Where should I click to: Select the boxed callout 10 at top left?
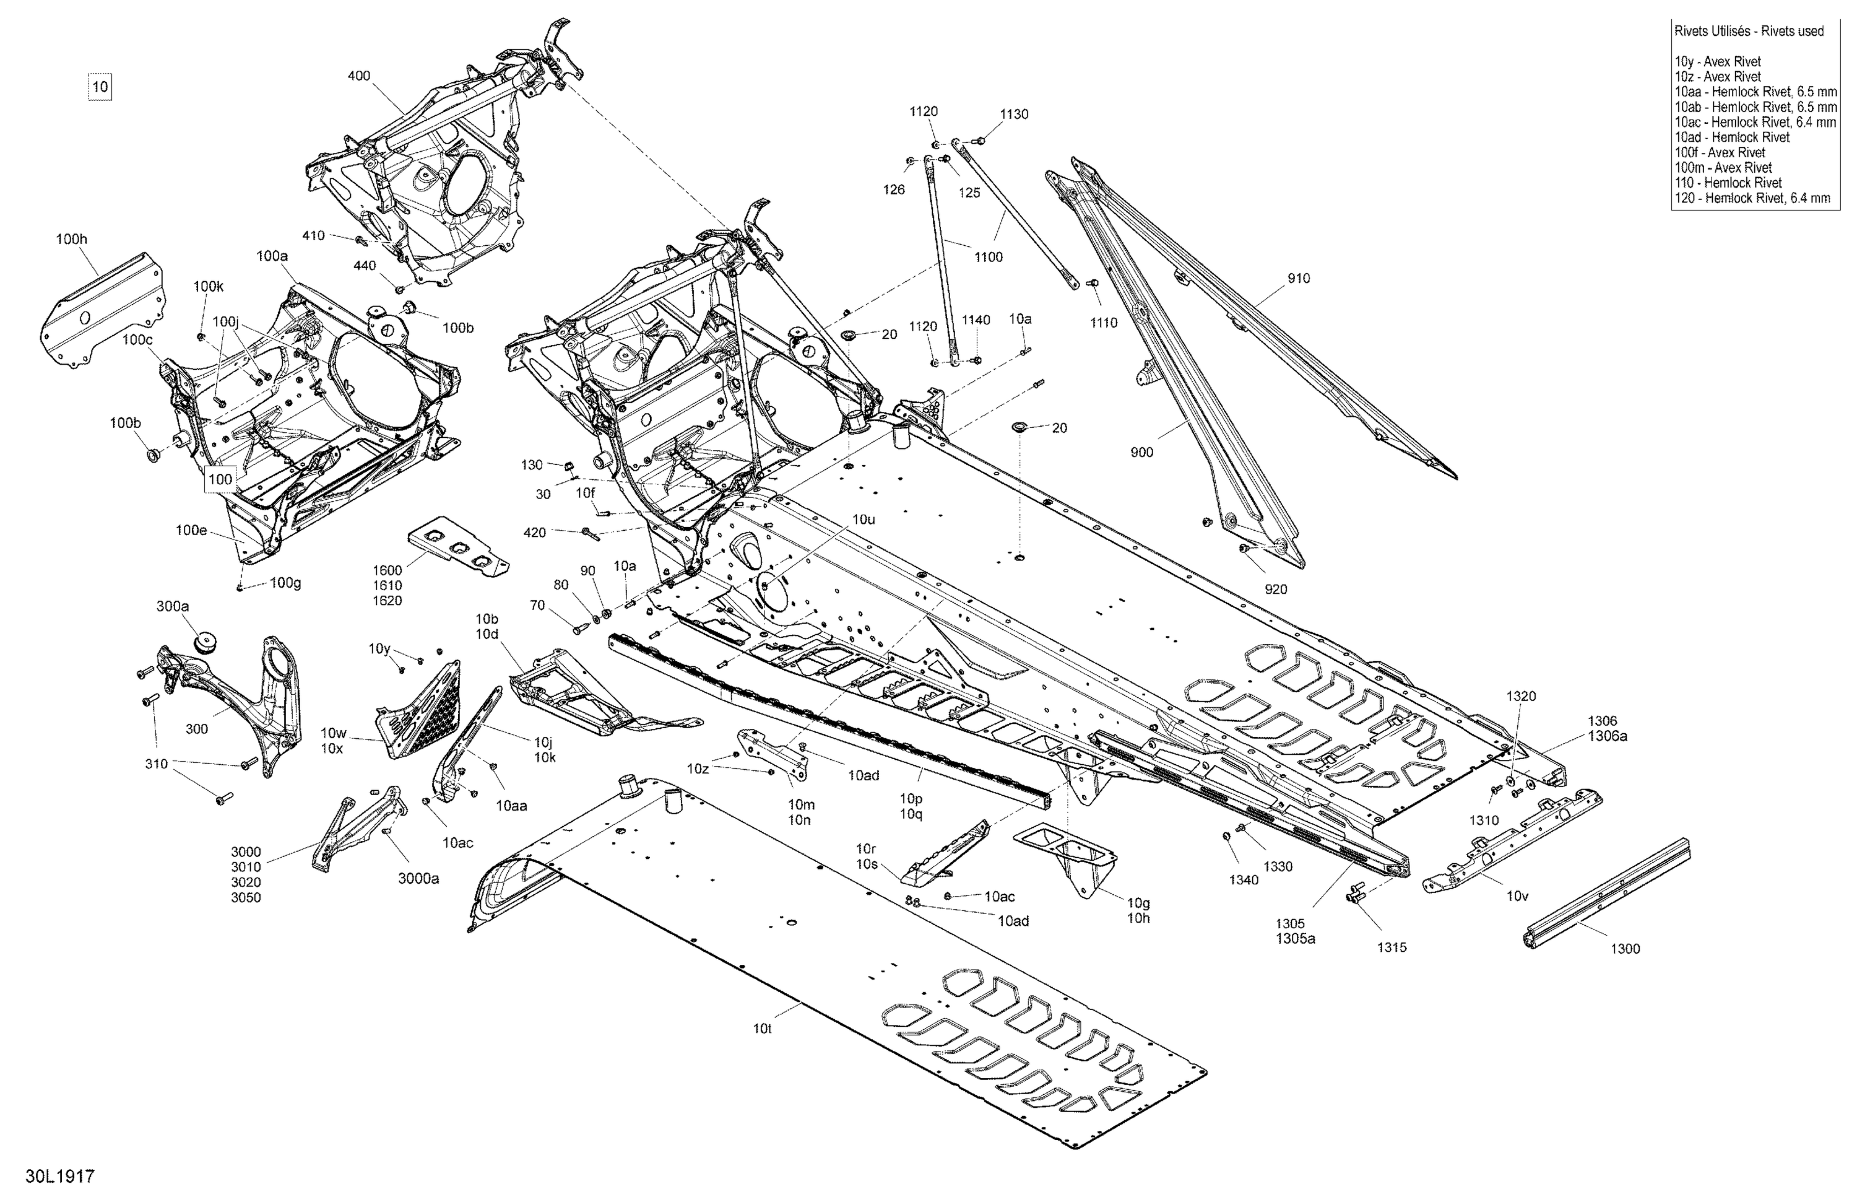(100, 87)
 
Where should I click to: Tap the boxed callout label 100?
(220, 479)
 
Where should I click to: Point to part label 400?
(359, 76)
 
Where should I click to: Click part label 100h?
(71, 239)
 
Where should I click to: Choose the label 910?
(1299, 279)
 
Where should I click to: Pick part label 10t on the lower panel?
(763, 1029)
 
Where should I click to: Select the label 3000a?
(419, 878)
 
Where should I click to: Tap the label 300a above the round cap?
(173, 606)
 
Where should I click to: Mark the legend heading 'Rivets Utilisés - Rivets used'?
(1749, 31)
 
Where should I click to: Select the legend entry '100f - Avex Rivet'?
(1719, 152)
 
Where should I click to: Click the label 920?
(1276, 590)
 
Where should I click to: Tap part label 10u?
(864, 519)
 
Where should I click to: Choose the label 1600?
(387, 570)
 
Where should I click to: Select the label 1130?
(1015, 114)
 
